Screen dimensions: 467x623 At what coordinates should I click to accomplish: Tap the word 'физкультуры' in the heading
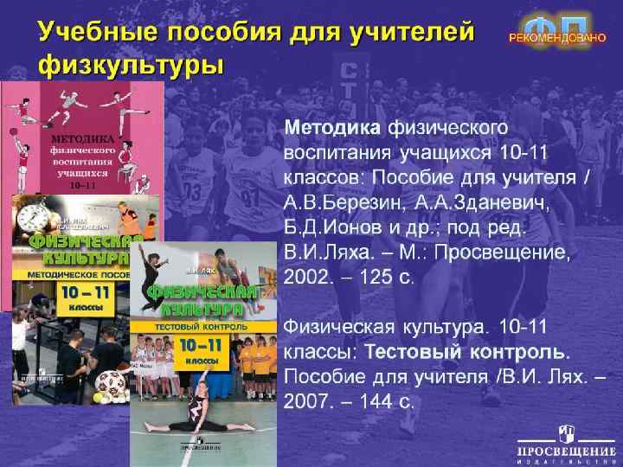tap(131, 66)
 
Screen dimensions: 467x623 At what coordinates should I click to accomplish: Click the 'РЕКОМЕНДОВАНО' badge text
tap(556, 39)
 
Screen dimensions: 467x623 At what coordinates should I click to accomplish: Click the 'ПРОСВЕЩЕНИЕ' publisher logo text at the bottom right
tap(560, 451)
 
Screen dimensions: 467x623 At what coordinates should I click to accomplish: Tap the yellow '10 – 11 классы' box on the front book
tap(201, 351)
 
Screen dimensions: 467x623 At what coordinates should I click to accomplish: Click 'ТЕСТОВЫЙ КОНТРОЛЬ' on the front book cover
tap(200, 329)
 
